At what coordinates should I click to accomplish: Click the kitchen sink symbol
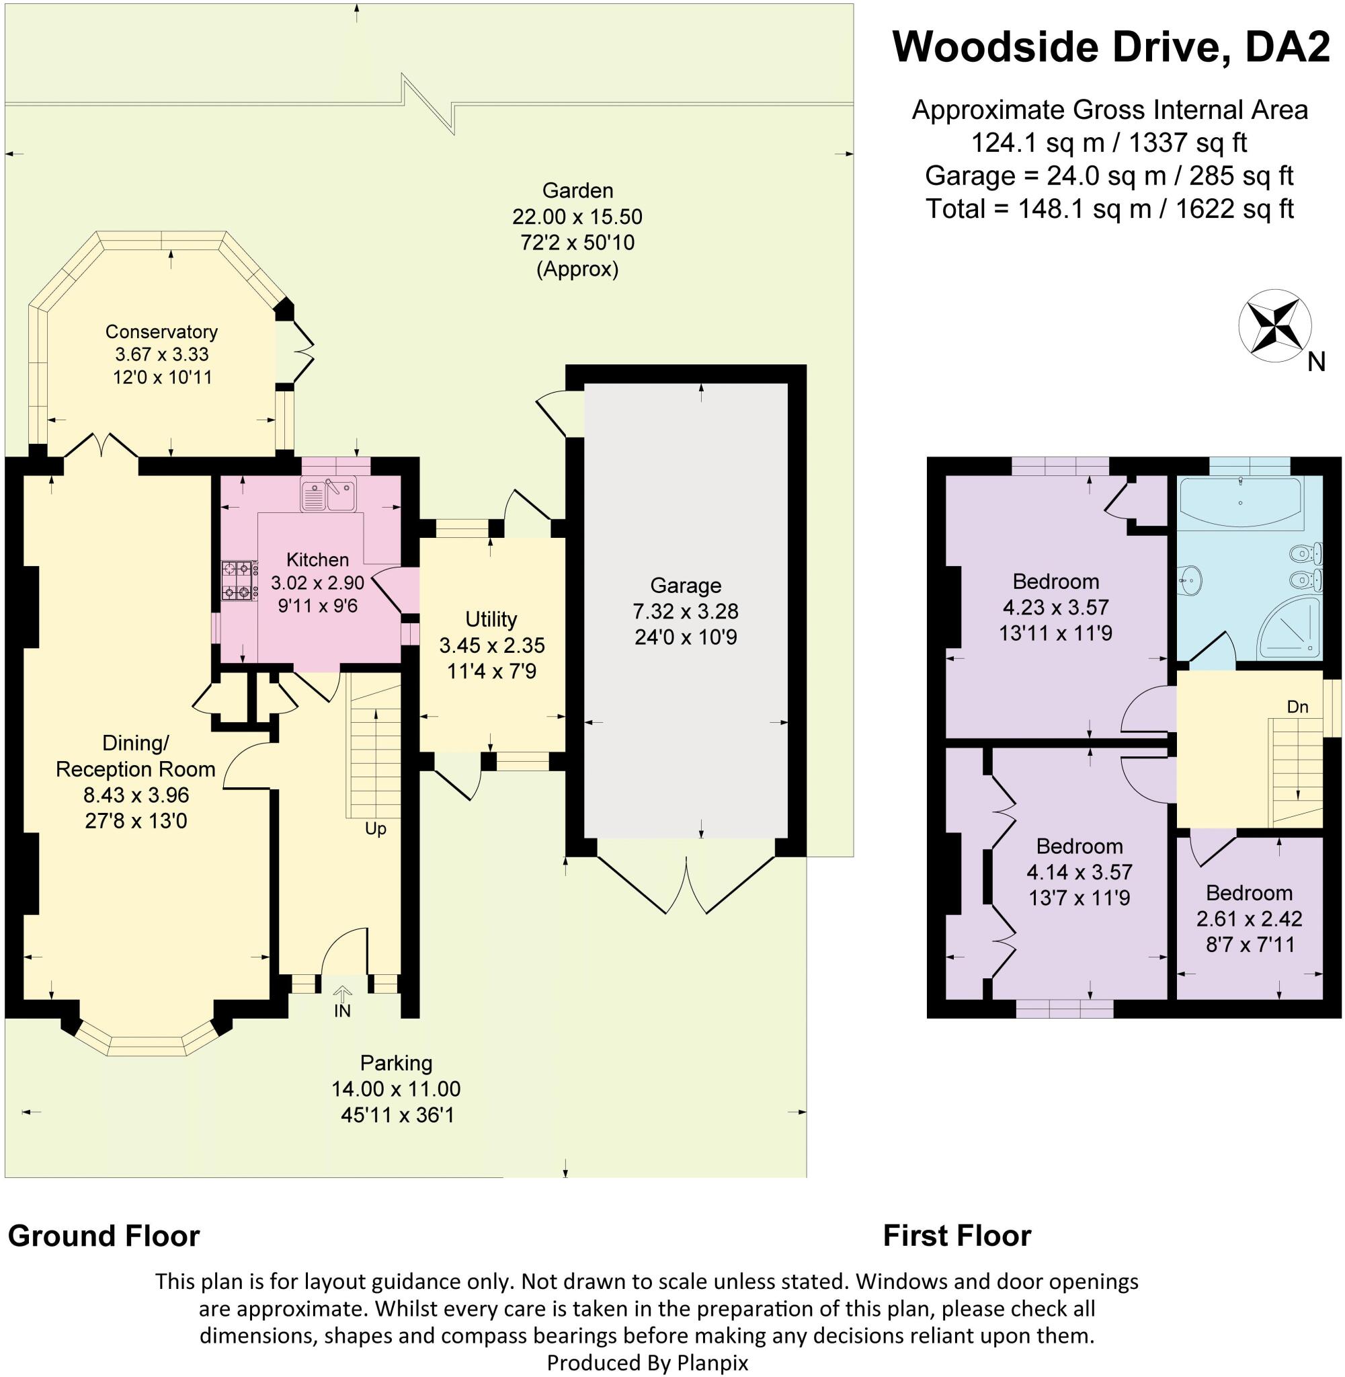pyautogui.click(x=328, y=494)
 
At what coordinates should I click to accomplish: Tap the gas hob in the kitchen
pyautogui.click(x=238, y=580)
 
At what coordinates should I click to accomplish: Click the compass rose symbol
pyautogui.click(x=1274, y=325)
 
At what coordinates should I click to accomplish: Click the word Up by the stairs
pyautogui.click(x=375, y=829)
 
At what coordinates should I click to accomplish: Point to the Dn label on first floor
pyautogui.click(x=1297, y=707)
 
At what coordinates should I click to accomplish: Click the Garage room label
pyautogui.click(x=685, y=585)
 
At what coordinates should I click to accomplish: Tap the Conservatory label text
pyautogui.click(x=161, y=331)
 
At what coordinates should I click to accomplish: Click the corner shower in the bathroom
pyautogui.click(x=1288, y=627)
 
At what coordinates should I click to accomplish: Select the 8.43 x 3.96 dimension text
pyautogui.click(x=136, y=795)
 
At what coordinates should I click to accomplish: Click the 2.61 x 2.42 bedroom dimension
pyautogui.click(x=1249, y=918)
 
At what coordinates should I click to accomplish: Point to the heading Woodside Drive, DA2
pyautogui.click(x=1110, y=46)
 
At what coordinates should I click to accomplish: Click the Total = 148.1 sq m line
pyautogui.click(x=1109, y=208)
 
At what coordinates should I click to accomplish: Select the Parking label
pyautogui.click(x=396, y=1062)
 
